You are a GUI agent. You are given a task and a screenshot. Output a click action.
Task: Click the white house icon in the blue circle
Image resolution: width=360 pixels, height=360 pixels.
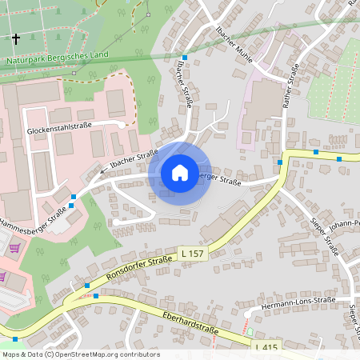[179, 172]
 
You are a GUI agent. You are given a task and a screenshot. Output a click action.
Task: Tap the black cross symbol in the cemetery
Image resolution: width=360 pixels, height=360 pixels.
[16, 38]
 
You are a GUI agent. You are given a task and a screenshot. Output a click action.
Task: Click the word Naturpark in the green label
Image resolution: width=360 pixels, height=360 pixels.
[27, 61]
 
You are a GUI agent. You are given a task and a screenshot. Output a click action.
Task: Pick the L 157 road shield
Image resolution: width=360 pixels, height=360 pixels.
[194, 254]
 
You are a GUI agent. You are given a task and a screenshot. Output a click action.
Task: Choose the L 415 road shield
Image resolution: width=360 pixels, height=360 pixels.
[267, 347]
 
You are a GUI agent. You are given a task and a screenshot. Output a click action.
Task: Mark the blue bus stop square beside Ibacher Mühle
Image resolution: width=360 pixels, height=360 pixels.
[184, 58]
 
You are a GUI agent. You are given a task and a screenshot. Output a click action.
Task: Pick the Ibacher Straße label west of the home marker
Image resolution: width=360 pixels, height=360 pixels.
[134, 158]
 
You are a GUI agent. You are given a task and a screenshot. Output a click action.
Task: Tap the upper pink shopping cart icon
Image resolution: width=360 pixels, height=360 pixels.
[14, 248]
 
